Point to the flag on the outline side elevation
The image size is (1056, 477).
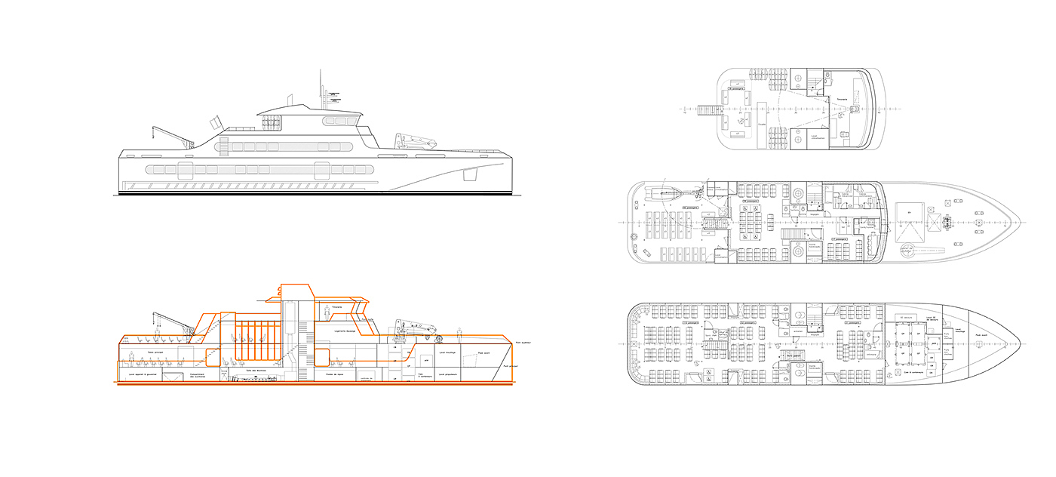(x=216, y=122)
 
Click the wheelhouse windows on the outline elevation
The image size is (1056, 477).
(x=339, y=120)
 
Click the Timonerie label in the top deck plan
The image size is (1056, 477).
(x=841, y=99)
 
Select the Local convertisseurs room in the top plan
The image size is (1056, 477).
(x=818, y=137)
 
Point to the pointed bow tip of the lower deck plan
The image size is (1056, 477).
(x=1020, y=344)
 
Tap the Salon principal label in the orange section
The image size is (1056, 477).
(x=155, y=351)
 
